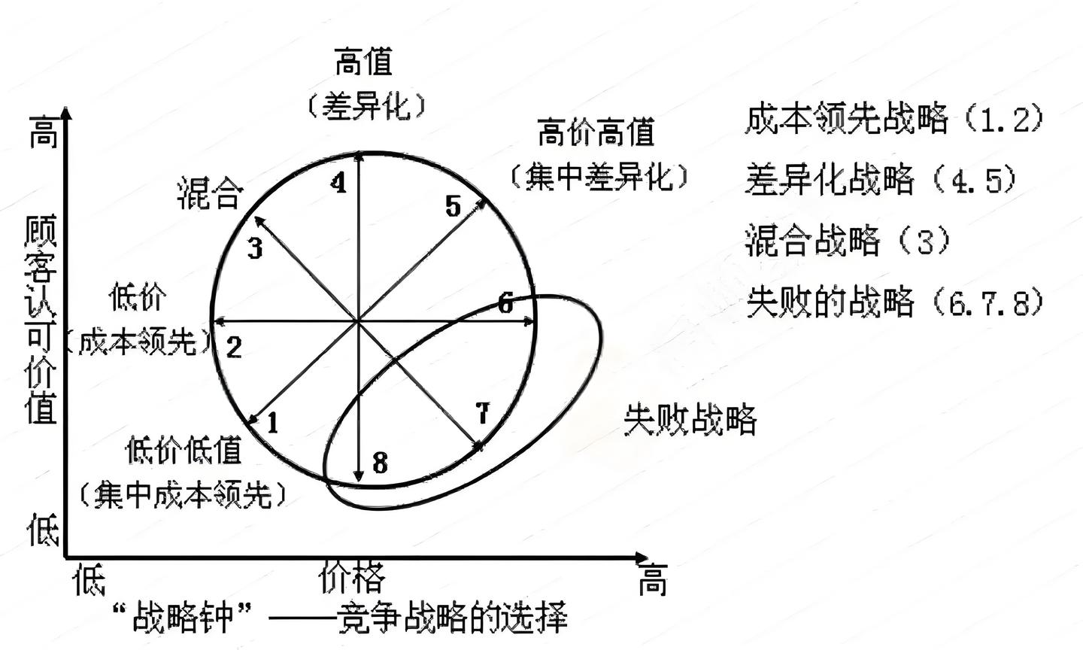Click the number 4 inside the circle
339,183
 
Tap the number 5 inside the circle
452,205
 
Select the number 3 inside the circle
255,248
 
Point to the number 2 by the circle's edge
234,348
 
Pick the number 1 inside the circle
272,423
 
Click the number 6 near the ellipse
505,303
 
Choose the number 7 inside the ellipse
482,413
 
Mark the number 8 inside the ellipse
380,463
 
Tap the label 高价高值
596,133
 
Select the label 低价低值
184,451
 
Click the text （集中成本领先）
184,495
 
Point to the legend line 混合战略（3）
848,241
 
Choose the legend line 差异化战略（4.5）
881,181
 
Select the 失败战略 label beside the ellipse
690,420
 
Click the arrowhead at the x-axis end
642,558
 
